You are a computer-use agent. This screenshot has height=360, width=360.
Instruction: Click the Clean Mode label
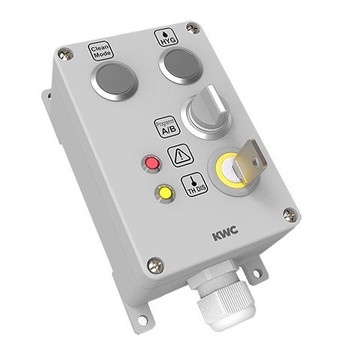click(100, 52)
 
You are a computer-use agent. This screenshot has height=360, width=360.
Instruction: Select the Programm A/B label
click(166, 128)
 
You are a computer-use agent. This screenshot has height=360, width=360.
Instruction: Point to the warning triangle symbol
click(180, 157)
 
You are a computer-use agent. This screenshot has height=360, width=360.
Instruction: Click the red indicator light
click(152, 163)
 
